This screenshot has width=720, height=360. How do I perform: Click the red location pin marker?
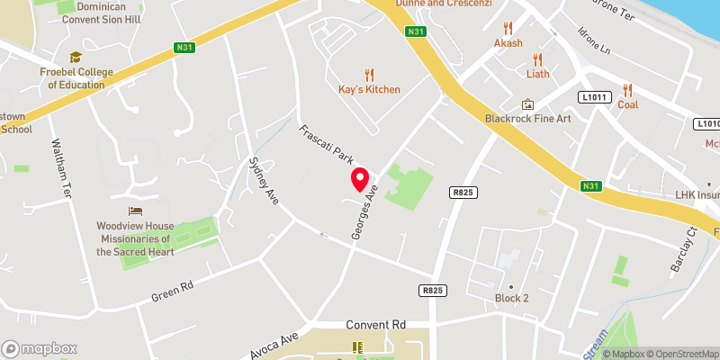360,179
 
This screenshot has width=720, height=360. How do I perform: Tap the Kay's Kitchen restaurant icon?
369,75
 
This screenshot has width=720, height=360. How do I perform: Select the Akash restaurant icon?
508,28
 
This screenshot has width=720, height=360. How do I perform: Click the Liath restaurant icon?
538,59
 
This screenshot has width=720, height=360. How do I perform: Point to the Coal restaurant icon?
627,89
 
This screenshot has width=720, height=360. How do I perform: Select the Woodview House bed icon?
135,211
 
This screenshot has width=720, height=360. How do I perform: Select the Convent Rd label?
376,324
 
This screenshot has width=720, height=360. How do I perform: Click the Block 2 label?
511,298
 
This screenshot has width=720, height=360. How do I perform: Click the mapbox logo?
40,348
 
